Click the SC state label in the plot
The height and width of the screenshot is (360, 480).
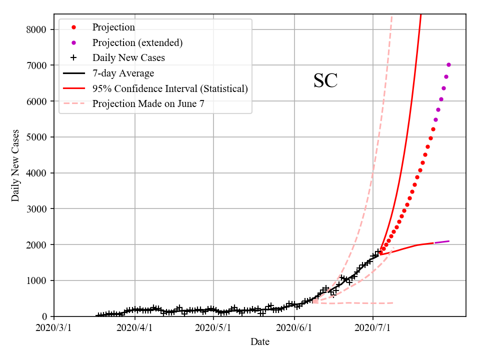(x=325, y=81)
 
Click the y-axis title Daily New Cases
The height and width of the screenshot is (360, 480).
(x=15, y=165)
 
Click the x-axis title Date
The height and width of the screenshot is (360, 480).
(x=260, y=342)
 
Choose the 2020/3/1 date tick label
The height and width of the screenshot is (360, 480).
(x=54, y=328)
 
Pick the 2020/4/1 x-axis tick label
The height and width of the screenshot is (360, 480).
(x=134, y=328)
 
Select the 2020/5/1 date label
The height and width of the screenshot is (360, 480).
(x=213, y=328)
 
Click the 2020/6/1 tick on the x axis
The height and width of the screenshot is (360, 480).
(x=294, y=328)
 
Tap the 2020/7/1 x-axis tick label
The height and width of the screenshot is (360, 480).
(x=373, y=328)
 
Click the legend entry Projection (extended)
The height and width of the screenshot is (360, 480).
(x=137, y=42)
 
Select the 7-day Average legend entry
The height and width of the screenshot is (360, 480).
(x=123, y=73)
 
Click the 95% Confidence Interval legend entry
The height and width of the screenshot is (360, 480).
(x=170, y=89)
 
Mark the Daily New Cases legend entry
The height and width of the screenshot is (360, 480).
(x=128, y=58)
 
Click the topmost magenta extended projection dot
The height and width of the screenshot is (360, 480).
(x=448, y=64)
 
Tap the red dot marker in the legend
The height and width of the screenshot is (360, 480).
(x=73, y=27)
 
